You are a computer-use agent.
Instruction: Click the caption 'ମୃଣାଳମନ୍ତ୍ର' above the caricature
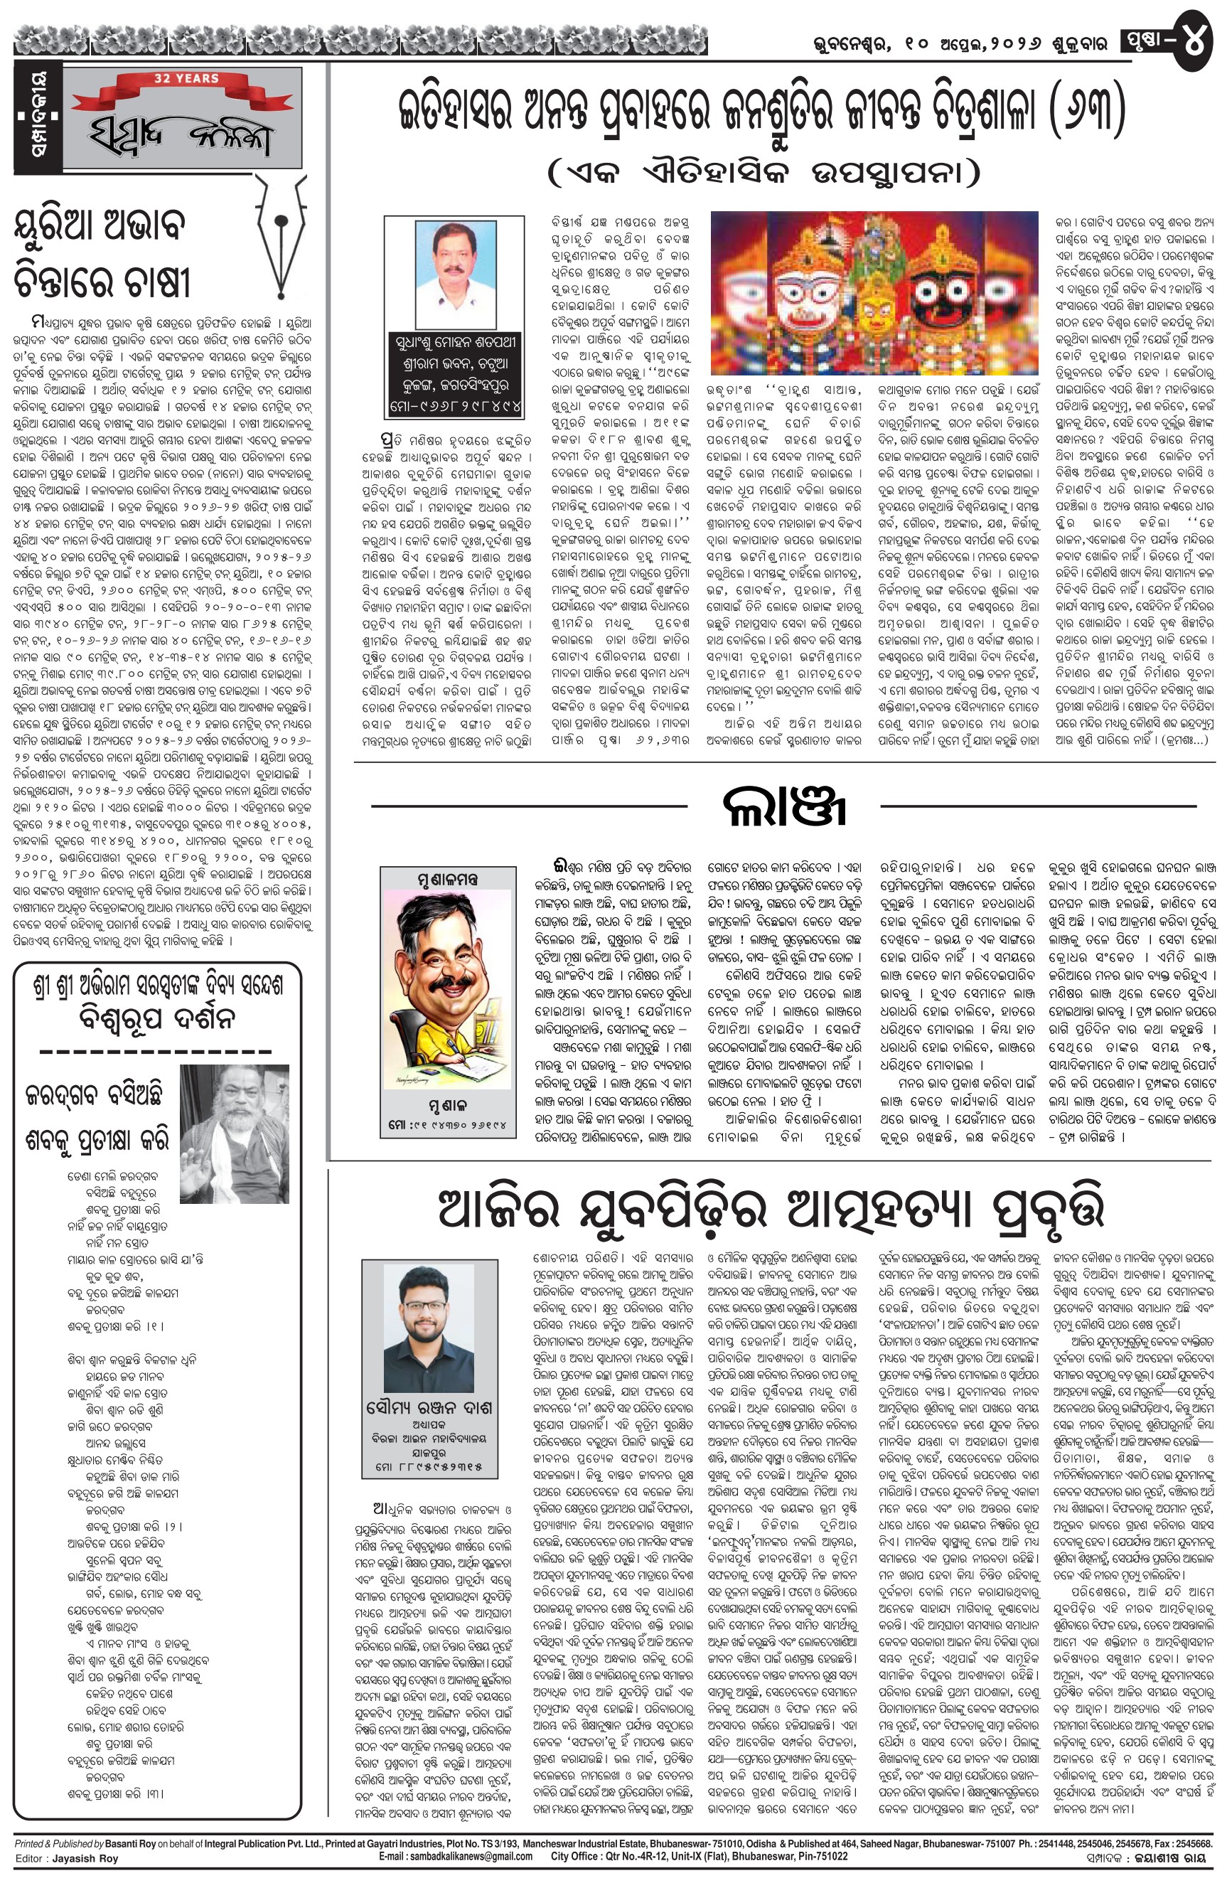(447, 879)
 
